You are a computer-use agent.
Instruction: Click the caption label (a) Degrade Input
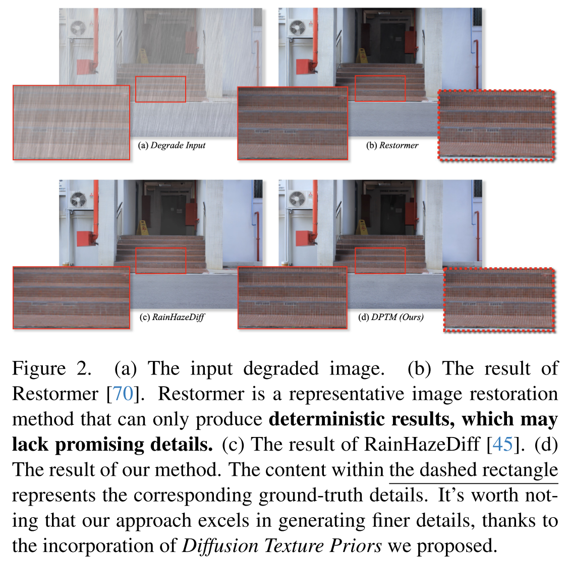(x=172, y=145)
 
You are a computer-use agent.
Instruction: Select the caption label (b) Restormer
(x=392, y=145)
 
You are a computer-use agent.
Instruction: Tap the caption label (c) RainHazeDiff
(x=172, y=317)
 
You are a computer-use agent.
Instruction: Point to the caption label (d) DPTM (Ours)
(x=390, y=317)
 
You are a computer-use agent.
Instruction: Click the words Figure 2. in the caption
(x=51, y=368)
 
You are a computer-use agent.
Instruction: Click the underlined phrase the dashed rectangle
(x=473, y=469)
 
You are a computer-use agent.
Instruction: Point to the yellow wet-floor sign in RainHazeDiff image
(x=144, y=229)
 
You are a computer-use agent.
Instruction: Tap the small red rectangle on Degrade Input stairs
(x=160, y=89)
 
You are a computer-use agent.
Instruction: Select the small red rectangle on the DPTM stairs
(x=380, y=261)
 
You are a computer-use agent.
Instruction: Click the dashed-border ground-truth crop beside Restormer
(x=496, y=125)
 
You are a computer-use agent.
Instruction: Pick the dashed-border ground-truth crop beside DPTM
(x=499, y=300)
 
